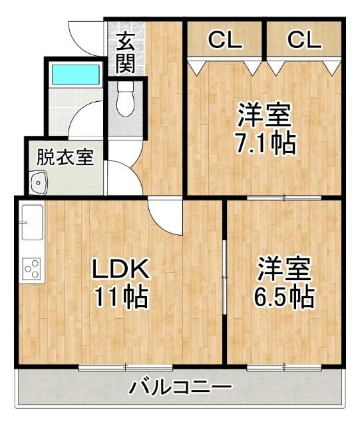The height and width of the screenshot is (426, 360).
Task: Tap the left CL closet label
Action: click(x=225, y=40)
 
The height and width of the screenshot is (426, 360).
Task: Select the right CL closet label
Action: click(x=304, y=40)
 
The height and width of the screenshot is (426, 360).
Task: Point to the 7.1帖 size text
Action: click(x=266, y=142)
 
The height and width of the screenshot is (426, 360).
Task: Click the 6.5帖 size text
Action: click(x=285, y=297)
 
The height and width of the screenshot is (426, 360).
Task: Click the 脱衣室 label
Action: click(x=65, y=158)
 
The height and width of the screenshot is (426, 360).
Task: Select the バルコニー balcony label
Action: click(x=180, y=387)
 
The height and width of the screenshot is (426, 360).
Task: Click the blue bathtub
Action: click(x=75, y=73)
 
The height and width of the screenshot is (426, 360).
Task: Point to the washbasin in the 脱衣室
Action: click(x=38, y=181)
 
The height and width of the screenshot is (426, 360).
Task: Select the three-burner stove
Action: click(x=31, y=268)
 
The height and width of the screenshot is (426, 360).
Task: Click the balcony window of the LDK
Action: click(x=125, y=367)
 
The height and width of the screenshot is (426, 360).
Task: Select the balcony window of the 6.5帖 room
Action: click(x=285, y=367)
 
